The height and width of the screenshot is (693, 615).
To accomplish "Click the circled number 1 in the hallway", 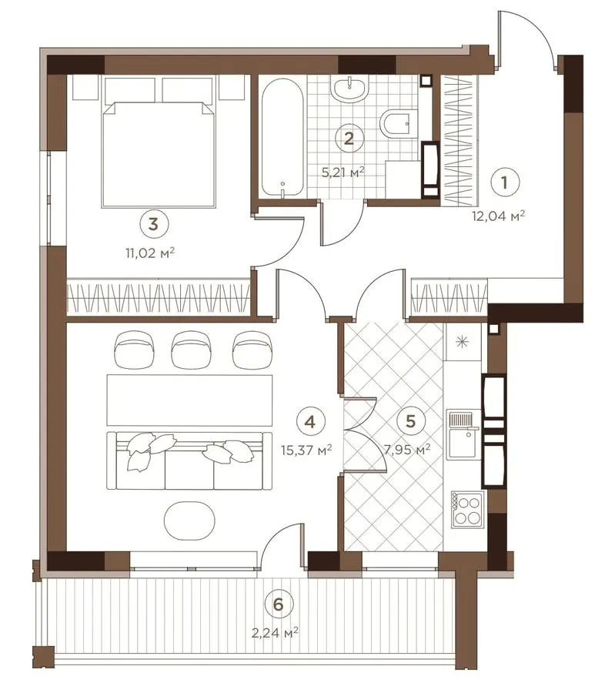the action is (505, 182).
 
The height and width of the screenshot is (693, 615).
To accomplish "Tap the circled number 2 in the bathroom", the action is (349, 139).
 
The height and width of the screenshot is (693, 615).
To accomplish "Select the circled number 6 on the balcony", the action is (278, 605).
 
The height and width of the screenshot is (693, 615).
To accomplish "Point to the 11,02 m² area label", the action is (150, 253).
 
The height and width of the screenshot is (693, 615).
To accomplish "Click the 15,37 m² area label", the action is (306, 450).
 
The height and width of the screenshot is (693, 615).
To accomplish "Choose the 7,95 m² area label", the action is (407, 450).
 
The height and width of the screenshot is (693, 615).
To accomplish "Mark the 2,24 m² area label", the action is (275, 633).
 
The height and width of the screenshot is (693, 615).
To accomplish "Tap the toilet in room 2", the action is (399, 123).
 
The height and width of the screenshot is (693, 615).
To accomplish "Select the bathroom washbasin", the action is (349, 89).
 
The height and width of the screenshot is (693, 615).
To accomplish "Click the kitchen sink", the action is (463, 434).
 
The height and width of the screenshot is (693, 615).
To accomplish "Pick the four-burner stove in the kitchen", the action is (467, 509).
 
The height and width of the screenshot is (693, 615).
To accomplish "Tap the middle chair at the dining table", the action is (192, 349).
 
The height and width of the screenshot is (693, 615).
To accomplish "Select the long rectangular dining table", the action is (189, 400).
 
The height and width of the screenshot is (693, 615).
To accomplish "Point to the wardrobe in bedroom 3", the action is (159, 297).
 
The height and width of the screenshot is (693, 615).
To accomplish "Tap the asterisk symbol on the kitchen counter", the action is (462, 342).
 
